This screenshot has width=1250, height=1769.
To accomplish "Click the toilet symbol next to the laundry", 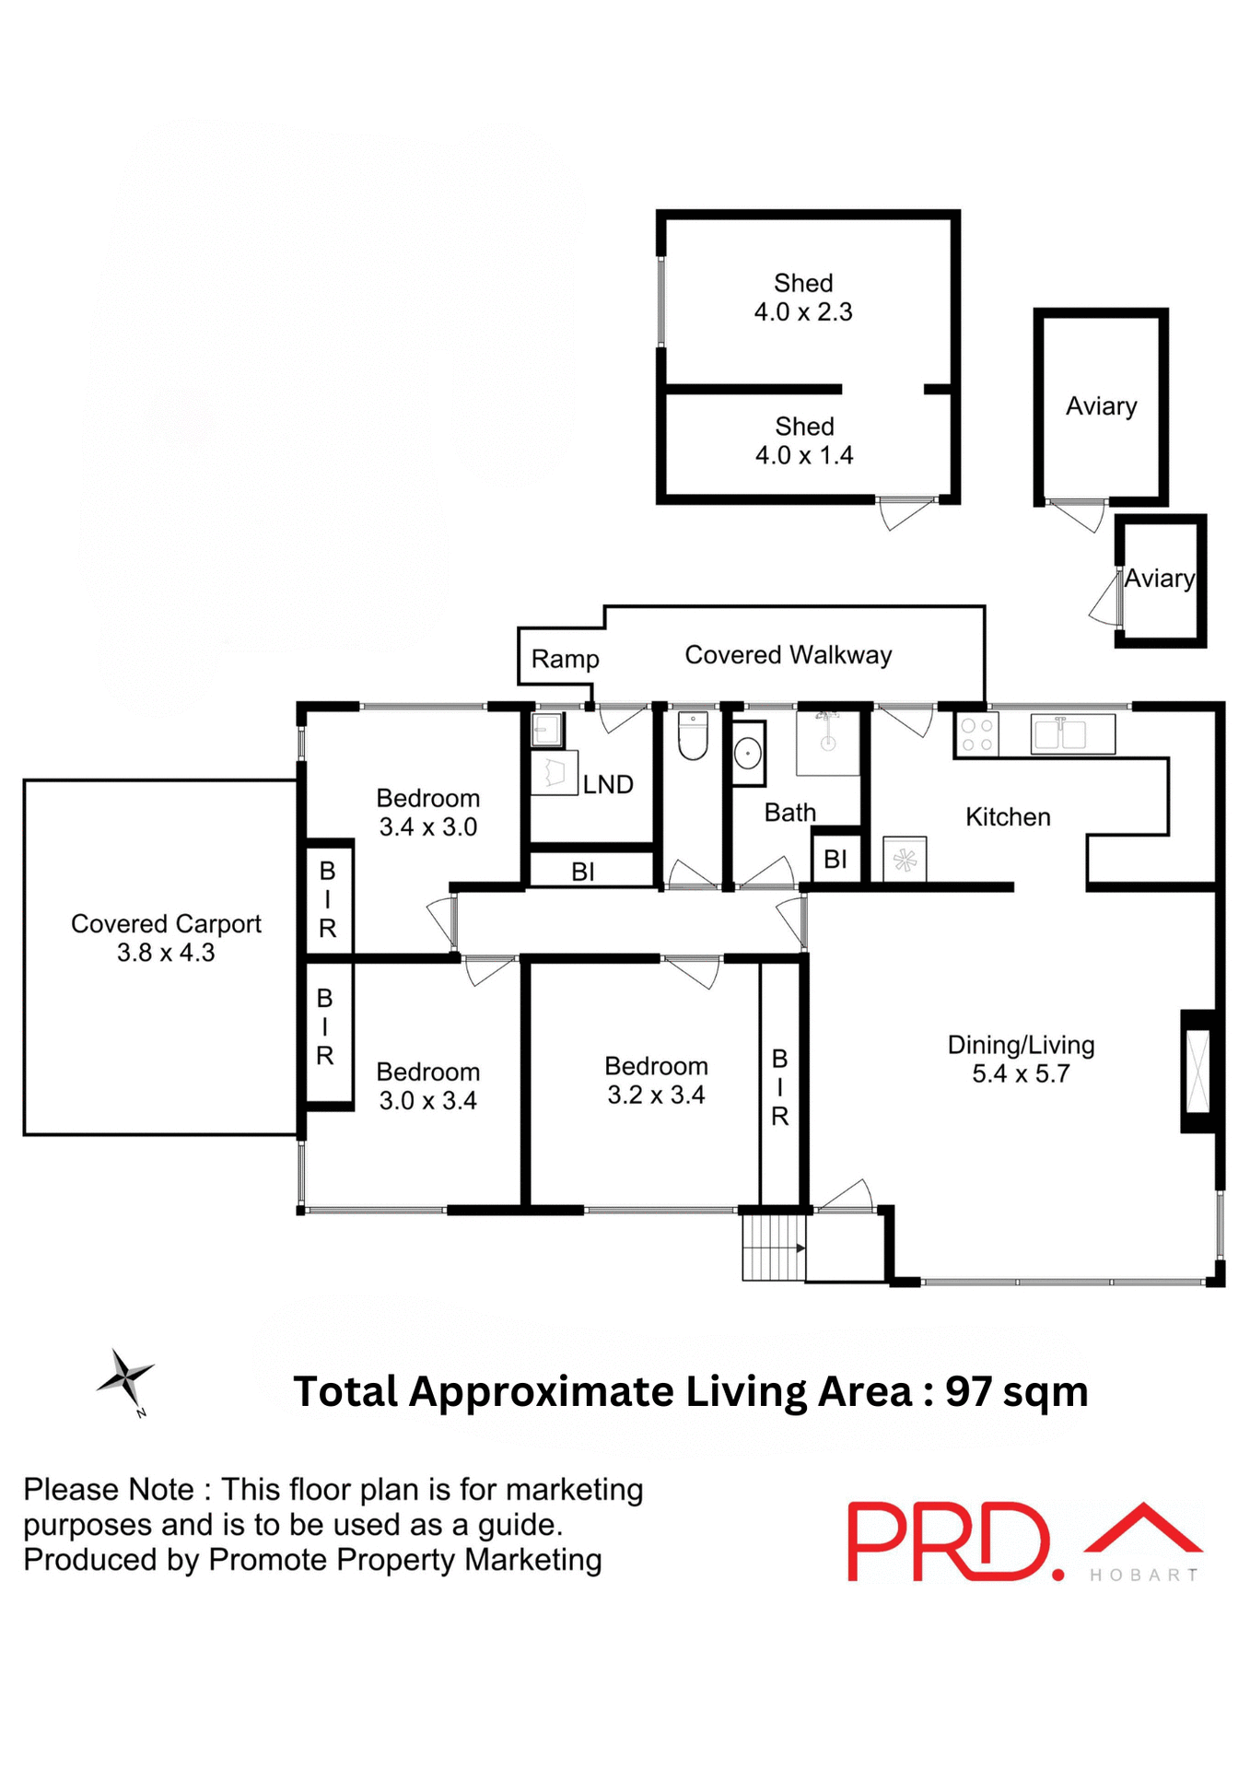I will tap(692, 736).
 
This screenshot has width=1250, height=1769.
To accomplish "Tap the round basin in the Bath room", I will tap(748, 754).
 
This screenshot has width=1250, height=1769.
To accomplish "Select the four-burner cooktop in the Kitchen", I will tap(976, 735).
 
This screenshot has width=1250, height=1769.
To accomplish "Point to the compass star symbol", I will tap(126, 1378).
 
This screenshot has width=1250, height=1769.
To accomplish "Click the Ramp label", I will tap(565, 660).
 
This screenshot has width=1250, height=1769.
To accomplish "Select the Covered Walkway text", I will tap(788, 655).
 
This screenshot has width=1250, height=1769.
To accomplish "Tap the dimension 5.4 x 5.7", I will tap(1021, 1074).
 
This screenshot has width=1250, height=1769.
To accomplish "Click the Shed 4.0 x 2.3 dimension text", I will tap(803, 312).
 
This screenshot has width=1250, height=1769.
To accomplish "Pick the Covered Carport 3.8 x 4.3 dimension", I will tap(166, 953).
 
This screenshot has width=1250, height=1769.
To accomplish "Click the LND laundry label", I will tap(608, 785).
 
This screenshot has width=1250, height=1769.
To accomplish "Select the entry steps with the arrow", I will tap(774, 1248).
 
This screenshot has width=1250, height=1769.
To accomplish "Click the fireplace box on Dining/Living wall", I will tap(1197, 1072).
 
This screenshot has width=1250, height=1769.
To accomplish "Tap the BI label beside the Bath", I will tap(835, 860).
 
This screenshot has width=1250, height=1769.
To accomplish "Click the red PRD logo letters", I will tap(949, 1541).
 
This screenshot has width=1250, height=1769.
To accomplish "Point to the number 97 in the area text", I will tap(968, 1392).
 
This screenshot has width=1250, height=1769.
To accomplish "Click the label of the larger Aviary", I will tap(1101, 406).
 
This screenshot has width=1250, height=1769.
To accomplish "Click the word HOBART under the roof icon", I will tap(1143, 1576).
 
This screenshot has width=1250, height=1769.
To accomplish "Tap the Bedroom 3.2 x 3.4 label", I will tap(656, 1080).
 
